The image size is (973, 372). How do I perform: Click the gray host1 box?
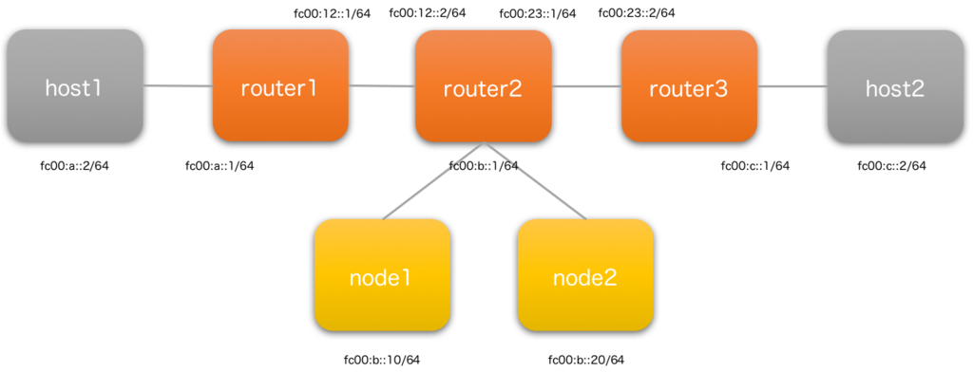click(75, 85)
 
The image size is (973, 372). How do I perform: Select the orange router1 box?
click(280, 85)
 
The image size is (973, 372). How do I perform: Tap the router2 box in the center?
click(484, 85)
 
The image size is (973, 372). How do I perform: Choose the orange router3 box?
click(689, 85)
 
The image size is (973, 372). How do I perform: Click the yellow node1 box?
click(381, 275)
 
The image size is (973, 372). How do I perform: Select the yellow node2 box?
click(585, 275)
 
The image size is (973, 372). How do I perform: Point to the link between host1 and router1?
click(178, 86)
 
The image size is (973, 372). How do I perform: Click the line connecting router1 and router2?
click(382, 86)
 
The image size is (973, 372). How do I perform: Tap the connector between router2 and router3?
click(586, 86)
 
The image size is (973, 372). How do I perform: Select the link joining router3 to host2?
click(792, 86)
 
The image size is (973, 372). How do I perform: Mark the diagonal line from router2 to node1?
click(432, 181)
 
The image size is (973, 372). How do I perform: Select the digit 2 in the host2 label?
click(918, 89)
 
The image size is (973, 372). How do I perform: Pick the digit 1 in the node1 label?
click(406, 279)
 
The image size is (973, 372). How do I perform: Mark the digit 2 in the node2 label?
click(610, 279)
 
